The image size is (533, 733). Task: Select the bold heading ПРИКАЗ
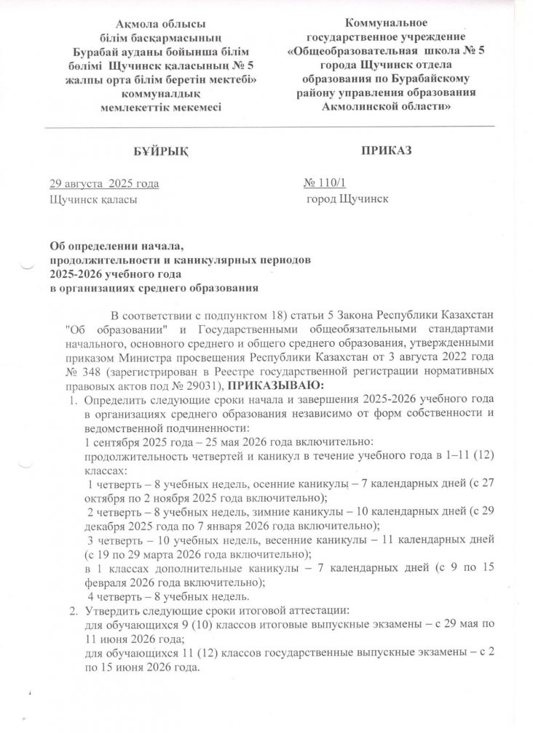pos(385,150)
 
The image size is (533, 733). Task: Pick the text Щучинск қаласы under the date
pos(92,197)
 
